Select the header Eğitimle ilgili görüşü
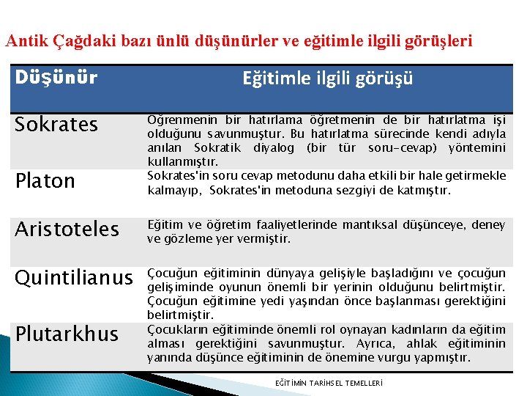click(328, 78)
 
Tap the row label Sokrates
click(56, 125)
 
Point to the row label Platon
click(45, 181)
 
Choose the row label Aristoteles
click(67, 229)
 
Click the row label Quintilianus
click(74, 278)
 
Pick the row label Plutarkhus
click(67, 334)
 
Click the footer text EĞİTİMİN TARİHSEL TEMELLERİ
click(329, 384)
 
